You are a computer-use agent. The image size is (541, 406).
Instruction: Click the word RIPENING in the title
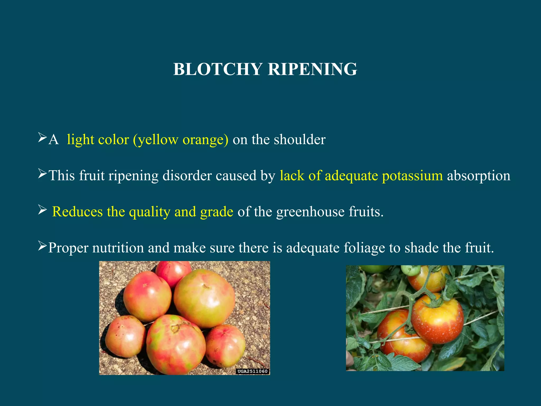point(313,69)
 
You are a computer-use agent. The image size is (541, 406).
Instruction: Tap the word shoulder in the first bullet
point(300,139)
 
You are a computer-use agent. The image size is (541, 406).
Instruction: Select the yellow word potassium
point(412,176)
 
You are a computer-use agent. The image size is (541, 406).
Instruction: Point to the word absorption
point(479,176)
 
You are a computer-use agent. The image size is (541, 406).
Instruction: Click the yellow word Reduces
point(77,212)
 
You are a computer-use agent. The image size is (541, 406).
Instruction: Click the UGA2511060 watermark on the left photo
point(253,371)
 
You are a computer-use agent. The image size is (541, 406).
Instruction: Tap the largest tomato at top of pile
point(204,298)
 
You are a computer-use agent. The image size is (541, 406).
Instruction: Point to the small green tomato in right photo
point(411,270)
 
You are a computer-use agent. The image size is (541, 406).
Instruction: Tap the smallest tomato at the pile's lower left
point(125,336)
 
